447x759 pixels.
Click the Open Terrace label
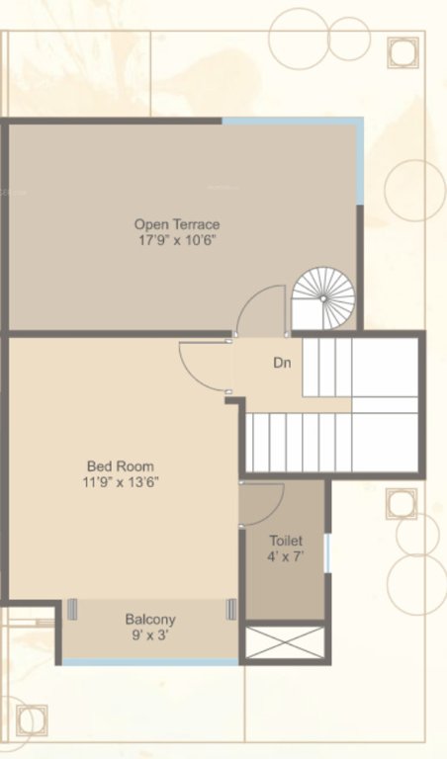click(177, 224)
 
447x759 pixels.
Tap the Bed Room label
click(121, 466)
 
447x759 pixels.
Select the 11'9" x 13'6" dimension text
click(121, 482)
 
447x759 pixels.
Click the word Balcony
click(150, 620)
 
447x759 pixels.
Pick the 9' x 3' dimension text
click(150, 635)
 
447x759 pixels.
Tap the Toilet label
click(286, 542)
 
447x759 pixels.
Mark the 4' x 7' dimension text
click(286, 557)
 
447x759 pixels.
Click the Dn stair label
click(282, 363)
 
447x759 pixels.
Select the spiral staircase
click(323, 297)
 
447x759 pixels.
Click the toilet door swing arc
click(265, 504)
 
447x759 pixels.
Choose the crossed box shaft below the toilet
click(284, 643)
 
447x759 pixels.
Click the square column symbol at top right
click(402, 52)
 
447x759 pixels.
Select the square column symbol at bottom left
click(32, 719)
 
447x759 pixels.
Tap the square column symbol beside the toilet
click(401, 504)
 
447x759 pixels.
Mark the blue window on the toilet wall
click(326, 551)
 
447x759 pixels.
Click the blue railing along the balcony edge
click(150, 662)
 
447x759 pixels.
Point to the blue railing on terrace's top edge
click(292, 122)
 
